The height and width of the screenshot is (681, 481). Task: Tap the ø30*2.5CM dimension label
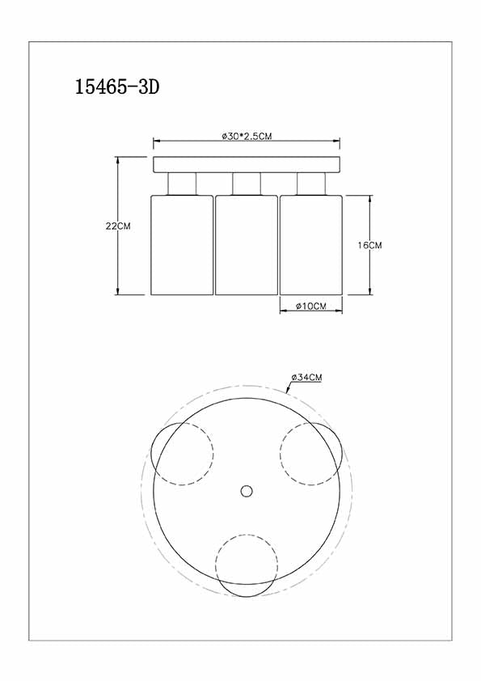coord(247,137)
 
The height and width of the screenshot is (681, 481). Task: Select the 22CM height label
coord(118,226)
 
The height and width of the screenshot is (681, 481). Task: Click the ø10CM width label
coord(310,307)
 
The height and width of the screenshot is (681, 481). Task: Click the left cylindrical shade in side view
coord(181,244)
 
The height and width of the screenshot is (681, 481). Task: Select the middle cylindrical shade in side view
coord(246,244)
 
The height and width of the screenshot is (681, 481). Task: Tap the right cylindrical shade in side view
coord(310,244)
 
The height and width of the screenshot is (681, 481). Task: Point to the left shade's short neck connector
coord(181,184)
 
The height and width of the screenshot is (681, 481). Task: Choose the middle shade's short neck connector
coord(246,184)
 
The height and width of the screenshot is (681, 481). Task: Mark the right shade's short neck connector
coord(310,184)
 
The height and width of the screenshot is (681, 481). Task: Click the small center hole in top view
coord(247,490)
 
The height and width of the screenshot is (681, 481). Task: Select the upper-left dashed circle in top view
coord(182,453)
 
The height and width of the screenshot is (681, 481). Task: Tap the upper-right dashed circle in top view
coord(311,453)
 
